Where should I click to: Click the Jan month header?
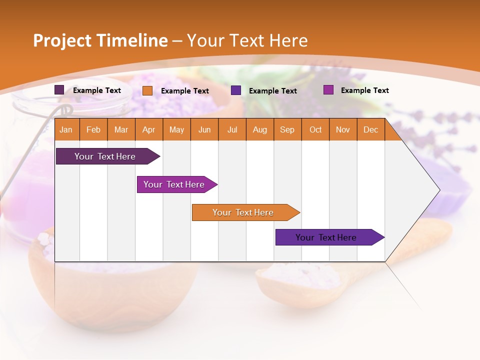[x=66, y=130]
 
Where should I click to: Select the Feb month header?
[x=93, y=130]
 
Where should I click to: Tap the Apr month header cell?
[x=148, y=130]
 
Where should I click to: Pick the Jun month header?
[x=204, y=130]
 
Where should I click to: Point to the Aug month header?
[x=259, y=130]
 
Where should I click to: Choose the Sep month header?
[x=287, y=130]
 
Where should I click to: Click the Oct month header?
[x=315, y=130]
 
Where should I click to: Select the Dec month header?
[x=370, y=130]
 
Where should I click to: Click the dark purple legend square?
[x=59, y=90]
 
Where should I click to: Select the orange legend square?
[x=147, y=90]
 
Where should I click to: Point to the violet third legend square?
[x=236, y=90]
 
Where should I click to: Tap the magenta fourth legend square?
[x=328, y=90]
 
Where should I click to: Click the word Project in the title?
[x=62, y=40]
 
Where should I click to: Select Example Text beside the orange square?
[x=185, y=91]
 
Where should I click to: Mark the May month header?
[x=176, y=130]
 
